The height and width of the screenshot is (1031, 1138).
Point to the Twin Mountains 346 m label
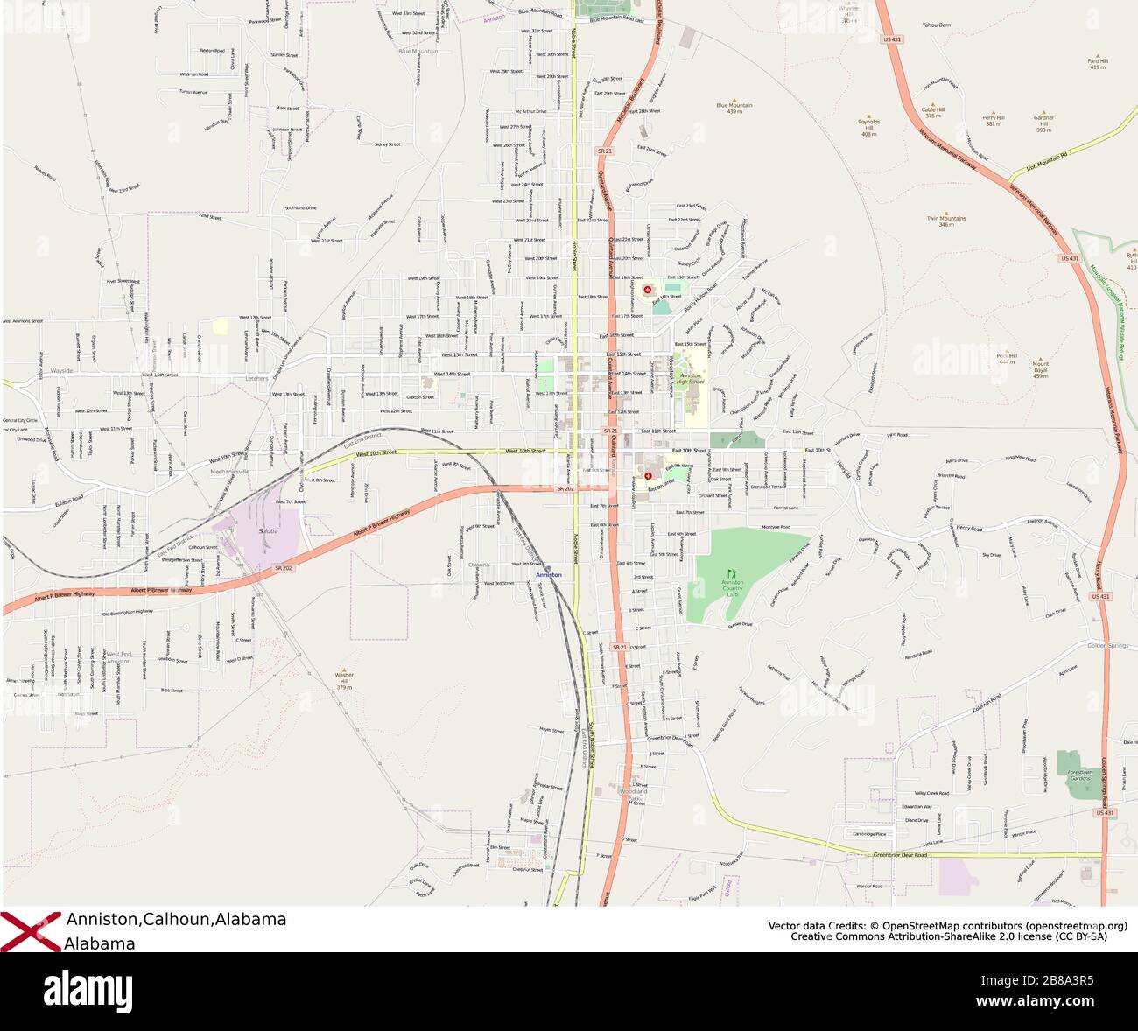click(x=945, y=221)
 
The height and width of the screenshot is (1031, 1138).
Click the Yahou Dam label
click(x=936, y=25)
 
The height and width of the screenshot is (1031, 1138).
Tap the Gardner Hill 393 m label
click(x=1043, y=123)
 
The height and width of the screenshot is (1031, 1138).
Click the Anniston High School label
click(x=691, y=378)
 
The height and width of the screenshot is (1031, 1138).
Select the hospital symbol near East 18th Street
click(x=648, y=289)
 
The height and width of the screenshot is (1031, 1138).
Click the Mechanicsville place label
click(x=230, y=472)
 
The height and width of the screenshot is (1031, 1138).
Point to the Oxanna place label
click(x=479, y=565)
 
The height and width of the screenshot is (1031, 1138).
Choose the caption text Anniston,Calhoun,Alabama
click(x=176, y=920)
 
